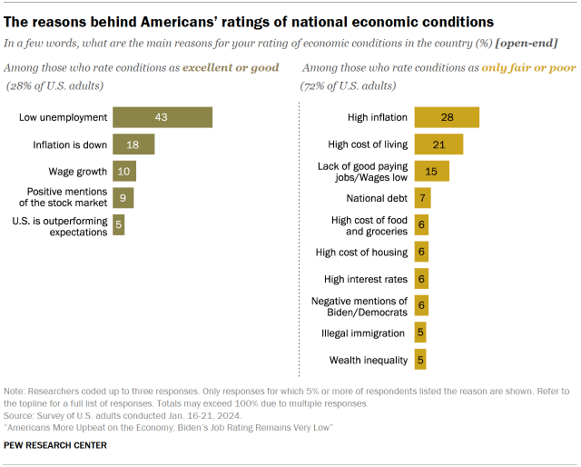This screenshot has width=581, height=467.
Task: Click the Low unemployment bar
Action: (162, 117)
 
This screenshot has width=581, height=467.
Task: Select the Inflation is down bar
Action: (133, 144)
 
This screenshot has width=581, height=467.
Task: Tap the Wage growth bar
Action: (123, 172)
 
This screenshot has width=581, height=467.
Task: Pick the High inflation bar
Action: (447, 117)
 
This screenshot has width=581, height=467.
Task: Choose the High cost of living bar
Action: (438, 144)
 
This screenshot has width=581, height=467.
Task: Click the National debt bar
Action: (422, 198)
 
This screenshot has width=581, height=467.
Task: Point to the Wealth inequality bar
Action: (420, 360)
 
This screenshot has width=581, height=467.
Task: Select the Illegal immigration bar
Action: (420, 333)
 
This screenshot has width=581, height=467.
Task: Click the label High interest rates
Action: (366, 279)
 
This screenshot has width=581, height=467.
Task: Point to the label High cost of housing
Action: (361, 252)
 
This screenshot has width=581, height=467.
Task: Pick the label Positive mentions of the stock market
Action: (67, 198)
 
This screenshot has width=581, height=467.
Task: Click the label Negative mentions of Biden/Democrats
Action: (359, 306)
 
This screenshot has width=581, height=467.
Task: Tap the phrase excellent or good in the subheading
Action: (228, 68)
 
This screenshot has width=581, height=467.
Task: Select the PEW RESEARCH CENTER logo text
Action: (56, 445)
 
